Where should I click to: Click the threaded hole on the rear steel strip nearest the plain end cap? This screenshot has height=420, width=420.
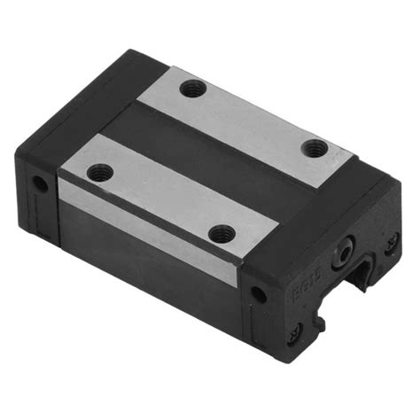[192, 88]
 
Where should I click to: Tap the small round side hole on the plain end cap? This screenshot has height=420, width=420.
[39, 184]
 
